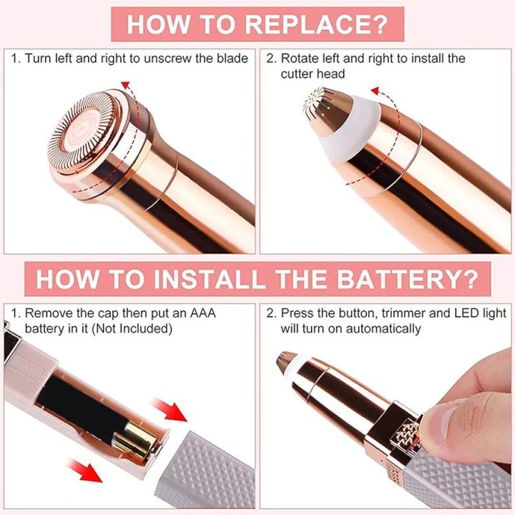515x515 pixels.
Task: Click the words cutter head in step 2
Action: pyautogui.click(x=313, y=74)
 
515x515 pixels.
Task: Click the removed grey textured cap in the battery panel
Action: pyautogui.click(x=207, y=465)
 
